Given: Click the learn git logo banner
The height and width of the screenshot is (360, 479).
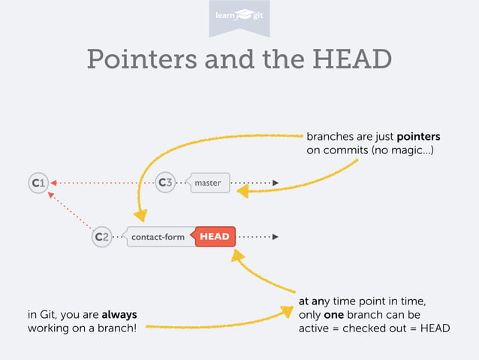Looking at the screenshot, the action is point(239,16).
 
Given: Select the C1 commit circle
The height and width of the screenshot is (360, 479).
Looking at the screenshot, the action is point(38,183).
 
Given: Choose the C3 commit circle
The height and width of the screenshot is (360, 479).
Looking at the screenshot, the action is point(165,183).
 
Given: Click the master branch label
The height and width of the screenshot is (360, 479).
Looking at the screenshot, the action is point(208,183).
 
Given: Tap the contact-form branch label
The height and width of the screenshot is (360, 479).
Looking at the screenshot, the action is point(158,237).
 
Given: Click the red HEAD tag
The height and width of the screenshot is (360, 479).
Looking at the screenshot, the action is point(215,237).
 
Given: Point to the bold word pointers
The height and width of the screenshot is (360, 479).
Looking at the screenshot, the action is point(418,137).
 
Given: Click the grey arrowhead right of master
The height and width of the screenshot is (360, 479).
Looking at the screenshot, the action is point(276,183).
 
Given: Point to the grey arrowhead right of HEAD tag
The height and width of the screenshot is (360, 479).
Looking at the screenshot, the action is point(276,237).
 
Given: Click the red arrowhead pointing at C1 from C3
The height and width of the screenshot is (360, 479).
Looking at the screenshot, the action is point(54,183).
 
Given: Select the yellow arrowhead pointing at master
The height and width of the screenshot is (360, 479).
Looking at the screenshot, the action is point(242,192).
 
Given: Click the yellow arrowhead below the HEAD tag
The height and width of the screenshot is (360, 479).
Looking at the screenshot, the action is point(237,256).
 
